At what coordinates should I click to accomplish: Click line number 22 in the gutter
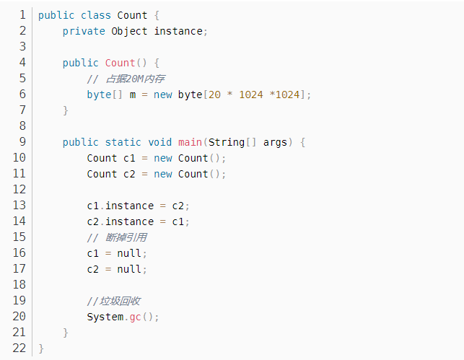[19, 348]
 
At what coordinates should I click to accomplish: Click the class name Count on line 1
[132, 15]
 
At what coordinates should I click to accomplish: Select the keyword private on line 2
[84, 31]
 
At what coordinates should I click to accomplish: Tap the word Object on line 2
[129, 31]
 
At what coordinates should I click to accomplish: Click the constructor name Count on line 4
[120, 63]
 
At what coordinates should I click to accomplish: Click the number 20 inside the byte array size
[214, 95]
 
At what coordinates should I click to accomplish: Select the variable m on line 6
[133, 95]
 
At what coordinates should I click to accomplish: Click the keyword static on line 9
[123, 142]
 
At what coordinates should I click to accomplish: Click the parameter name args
[275, 142]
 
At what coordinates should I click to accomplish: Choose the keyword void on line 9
[159, 142]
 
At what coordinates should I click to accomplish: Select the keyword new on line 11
[162, 174]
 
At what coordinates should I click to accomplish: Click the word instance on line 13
[129, 206]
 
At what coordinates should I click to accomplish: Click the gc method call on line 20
[135, 317]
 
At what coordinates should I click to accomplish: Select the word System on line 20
[105, 317]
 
